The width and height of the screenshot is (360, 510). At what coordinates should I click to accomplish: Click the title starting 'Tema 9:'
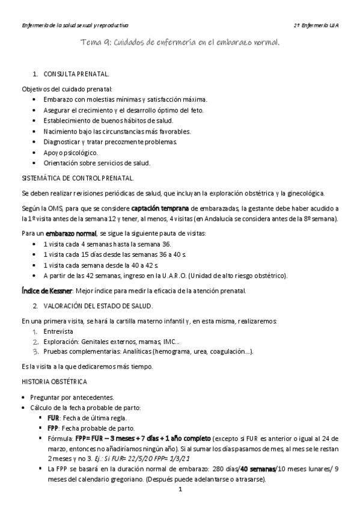180,43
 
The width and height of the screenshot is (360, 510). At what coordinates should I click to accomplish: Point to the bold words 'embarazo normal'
72,233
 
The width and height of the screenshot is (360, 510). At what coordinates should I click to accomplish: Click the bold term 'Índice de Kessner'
39,290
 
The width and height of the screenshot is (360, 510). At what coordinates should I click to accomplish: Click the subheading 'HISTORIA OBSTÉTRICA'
54,381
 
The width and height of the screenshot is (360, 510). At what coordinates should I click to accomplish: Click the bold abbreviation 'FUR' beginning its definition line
53,418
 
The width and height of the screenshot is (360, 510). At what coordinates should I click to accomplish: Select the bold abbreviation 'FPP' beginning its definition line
53,428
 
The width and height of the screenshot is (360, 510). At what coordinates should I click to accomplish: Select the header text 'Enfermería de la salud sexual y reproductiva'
75,26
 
